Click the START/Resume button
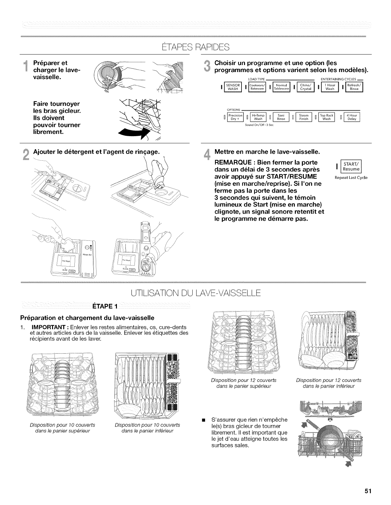[x=351, y=167]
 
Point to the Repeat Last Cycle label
[x=351, y=177]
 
